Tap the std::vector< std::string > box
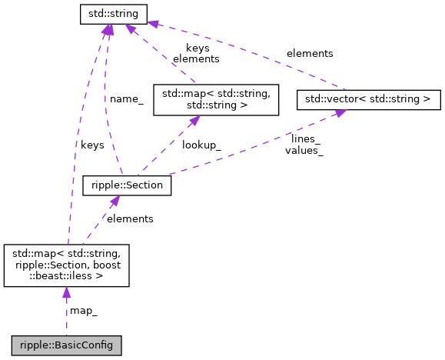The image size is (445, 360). (368, 99)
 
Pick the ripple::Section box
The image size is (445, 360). (126, 186)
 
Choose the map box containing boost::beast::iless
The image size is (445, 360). (66, 265)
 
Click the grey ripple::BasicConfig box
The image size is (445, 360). (66, 345)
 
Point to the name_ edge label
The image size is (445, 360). (126, 98)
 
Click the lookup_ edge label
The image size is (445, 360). (201, 144)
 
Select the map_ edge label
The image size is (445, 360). (84, 311)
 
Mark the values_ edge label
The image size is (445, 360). (304, 150)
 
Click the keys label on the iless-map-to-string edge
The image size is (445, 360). (92, 144)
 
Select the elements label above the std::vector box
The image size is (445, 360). (310, 53)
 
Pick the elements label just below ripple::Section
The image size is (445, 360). (130, 218)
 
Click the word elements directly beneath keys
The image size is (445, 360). (196, 58)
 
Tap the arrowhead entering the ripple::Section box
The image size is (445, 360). (113, 202)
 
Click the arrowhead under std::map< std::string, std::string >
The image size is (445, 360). (195, 120)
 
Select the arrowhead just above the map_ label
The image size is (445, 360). (67, 293)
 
